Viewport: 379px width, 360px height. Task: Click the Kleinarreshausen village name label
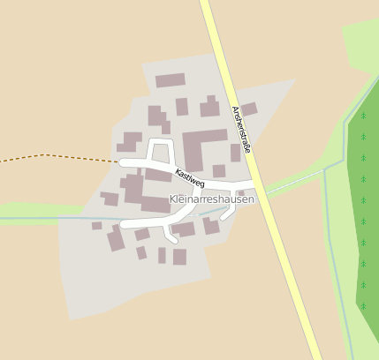click(x=211, y=199)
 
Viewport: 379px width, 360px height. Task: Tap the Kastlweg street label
click(x=190, y=177)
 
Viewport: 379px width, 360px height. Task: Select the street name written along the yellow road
click(x=241, y=130)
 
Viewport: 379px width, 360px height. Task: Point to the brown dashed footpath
click(x=53, y=157)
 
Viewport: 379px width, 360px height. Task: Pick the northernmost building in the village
click(x=170, y=80)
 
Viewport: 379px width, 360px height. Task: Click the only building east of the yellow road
click(x=249, y=109)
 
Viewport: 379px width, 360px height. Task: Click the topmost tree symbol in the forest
click(x=363, y=116)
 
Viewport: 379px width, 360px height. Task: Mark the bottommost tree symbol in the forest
click(x=363, y=306)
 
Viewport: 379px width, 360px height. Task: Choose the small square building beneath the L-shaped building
click(x=218, y=171)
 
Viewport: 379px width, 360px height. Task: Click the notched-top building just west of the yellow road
click(x=209, y=108)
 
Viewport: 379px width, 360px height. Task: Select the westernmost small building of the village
click(x=96, y=226)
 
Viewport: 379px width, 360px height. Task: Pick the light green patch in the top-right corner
click(x=362, y=44)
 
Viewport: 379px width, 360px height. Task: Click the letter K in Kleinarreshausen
click(x=171, y=199)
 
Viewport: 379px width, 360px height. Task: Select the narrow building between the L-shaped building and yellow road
click(x=235, y=153)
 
